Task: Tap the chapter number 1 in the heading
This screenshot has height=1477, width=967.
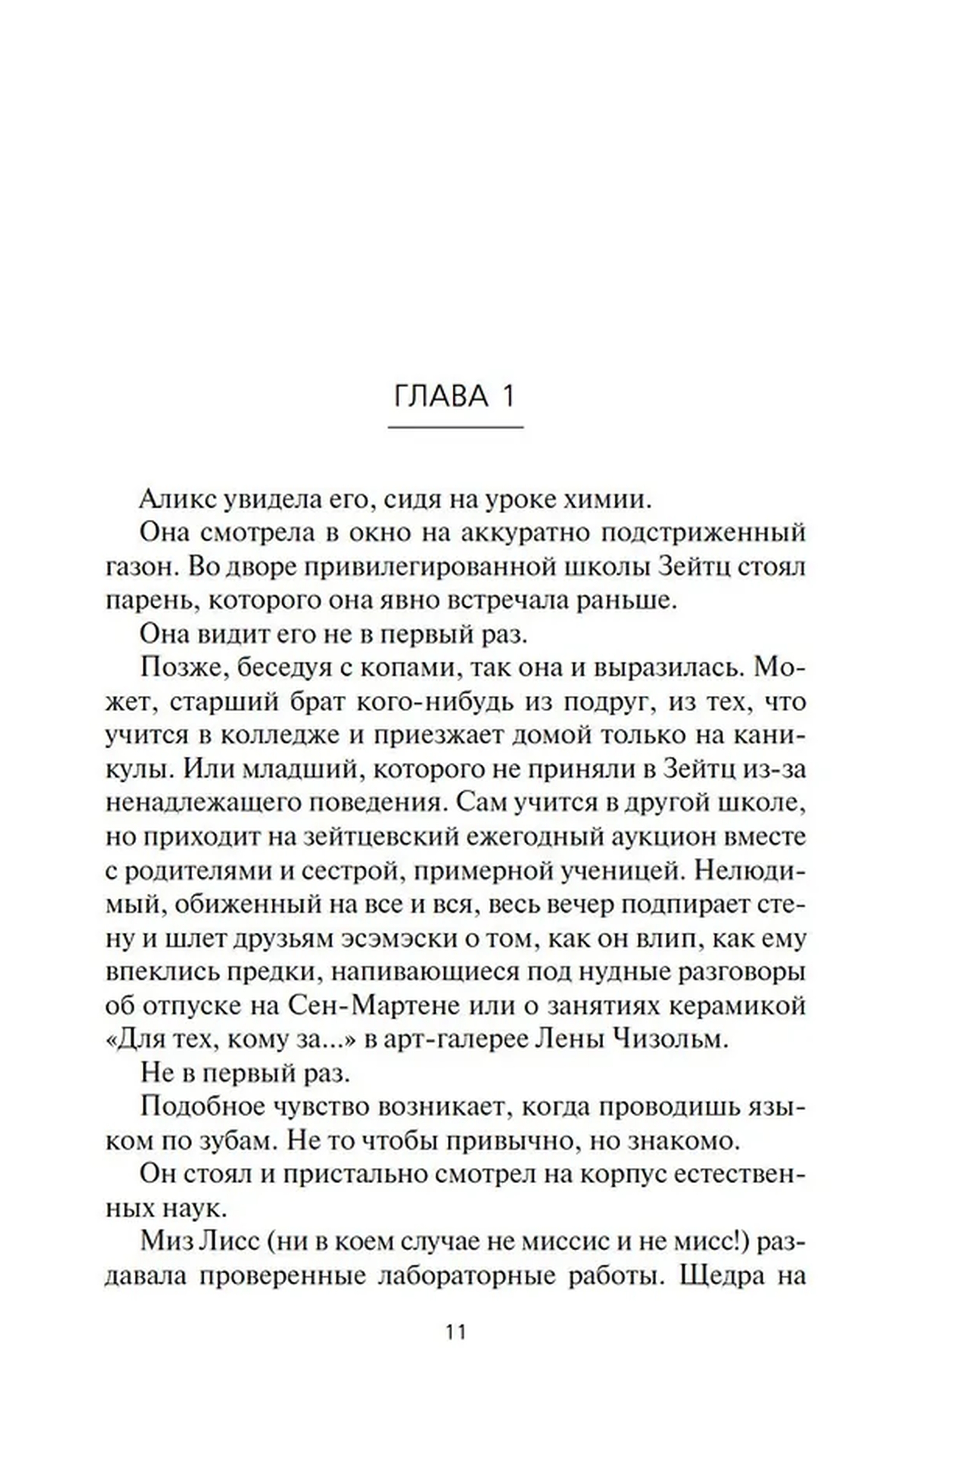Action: point(509,397)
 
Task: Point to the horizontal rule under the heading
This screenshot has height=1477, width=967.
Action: point(455,427)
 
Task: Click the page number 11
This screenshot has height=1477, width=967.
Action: point(455,1333)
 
